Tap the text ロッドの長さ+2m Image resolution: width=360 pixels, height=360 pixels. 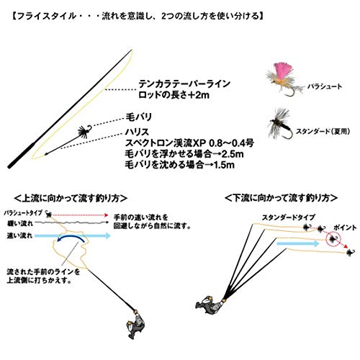click(x=168, y=94)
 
